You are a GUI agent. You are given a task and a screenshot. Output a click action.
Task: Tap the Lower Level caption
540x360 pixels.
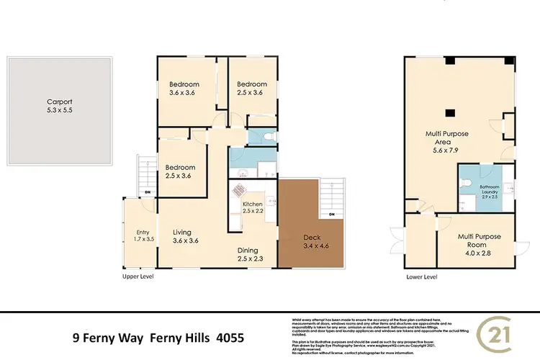(421, 276)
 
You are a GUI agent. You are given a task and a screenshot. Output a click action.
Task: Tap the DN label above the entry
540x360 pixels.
(148, 192)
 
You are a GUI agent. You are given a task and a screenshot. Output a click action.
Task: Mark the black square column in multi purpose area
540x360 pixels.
(448, 112)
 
